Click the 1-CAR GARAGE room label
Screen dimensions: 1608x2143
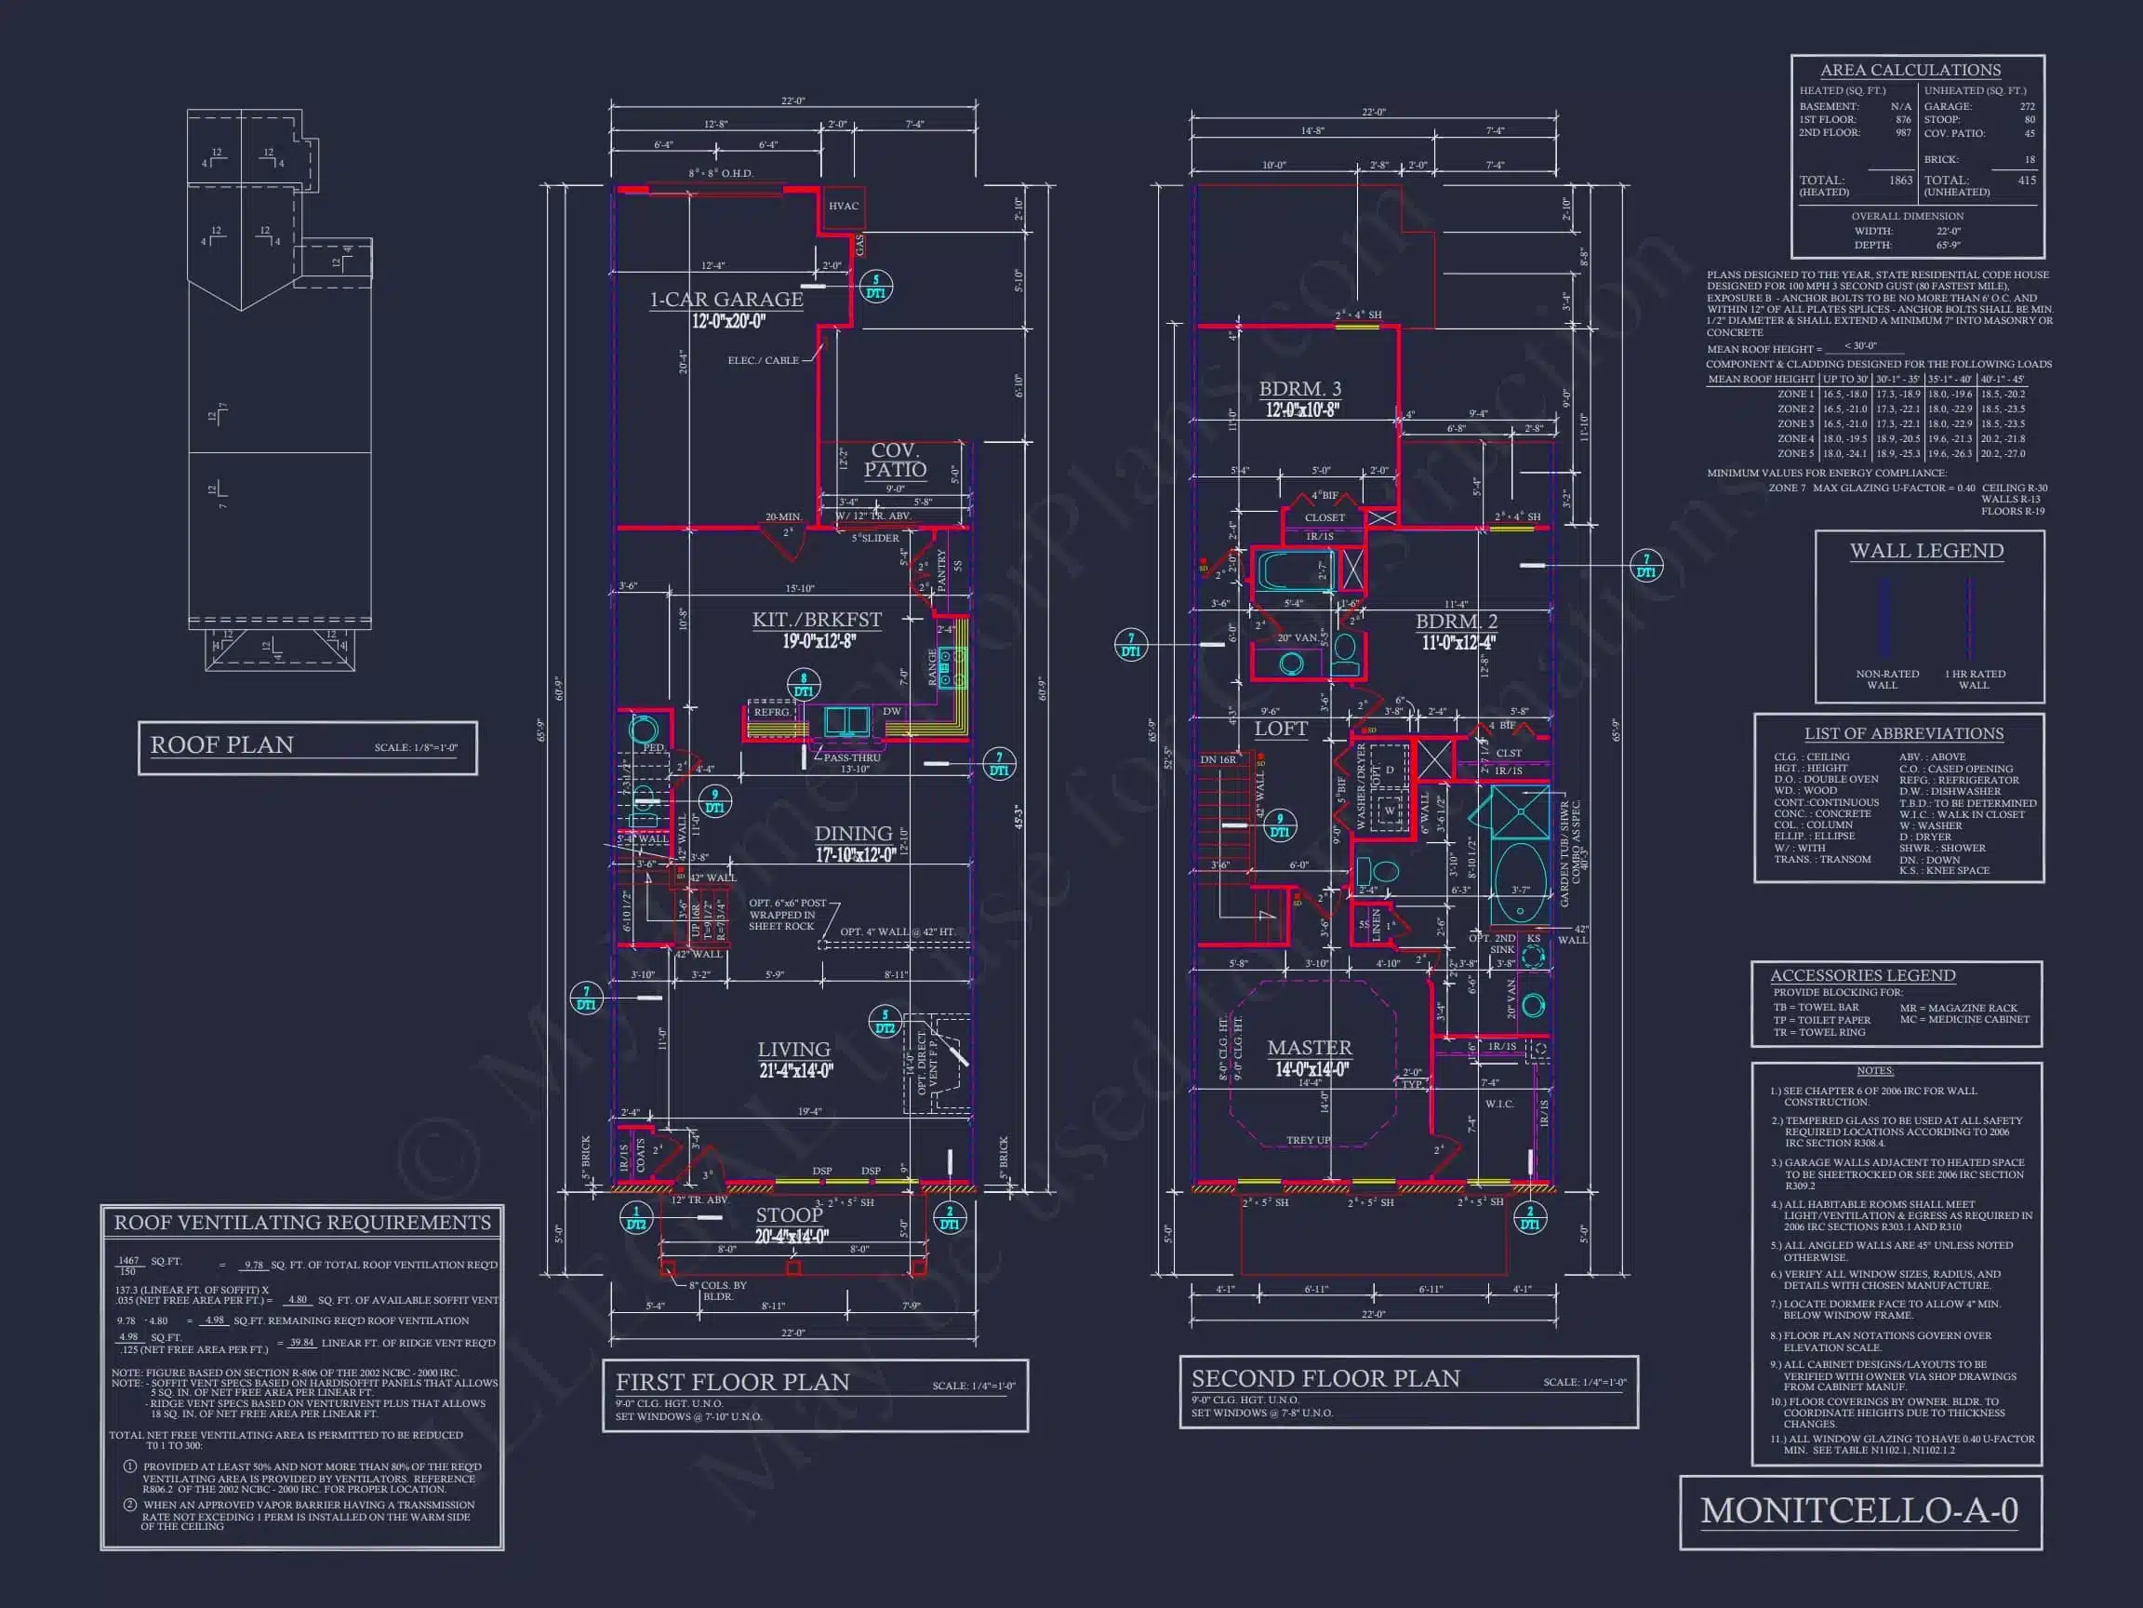pyautogui.click(x=725, y=300)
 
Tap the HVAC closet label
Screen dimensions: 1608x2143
pyautogui.click(x=843, y=206)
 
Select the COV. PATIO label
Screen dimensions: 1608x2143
pyautogui.click(x=894, y=460)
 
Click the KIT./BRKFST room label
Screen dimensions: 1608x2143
pyautogui.click(x=817, y=620)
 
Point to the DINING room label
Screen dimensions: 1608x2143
pyautogui.click(x=853, y=834)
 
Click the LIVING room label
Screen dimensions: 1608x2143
pyautogui.click(x=793, y=1050)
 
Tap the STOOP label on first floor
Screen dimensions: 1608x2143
pyautogui.click(x=789, y=1214)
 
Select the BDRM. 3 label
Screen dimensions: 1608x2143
pyautogui.click(x=1300, y=389)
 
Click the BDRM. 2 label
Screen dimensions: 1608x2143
pyautogui.click(x=1457, y=622)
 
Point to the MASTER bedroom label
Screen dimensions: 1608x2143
pyautogui.click(x=1309, y=1048)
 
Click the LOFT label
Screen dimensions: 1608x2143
pyautogui.click(x=1281, y=729)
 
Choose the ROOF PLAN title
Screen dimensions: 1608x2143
pyautogui.click(x=222, y=744)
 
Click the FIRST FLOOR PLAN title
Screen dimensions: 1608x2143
pyautogui.click(x=732, y=1382)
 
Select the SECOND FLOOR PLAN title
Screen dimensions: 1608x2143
pyautogui.click(x=1324, y=1378)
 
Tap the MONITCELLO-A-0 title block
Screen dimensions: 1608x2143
pyautogui.click(x=1859, y=1511)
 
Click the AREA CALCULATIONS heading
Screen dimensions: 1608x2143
pyautogui.click(x=1910, y=70)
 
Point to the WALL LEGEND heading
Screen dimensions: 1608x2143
pyautogui.click(x=1926, y=551)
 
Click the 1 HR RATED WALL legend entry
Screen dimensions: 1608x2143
pyautogui.click(x=1975, y=678)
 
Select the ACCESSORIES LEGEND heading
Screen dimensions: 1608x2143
pyautogui.click(x=1862, y=975)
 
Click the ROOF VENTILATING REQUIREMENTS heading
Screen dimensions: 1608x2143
pyautogui.click(x=302, y=1222)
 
